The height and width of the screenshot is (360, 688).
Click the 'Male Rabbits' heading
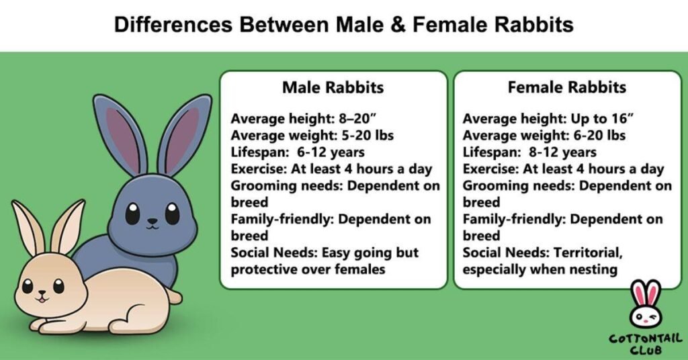pyautogui.click(x=333, y=88)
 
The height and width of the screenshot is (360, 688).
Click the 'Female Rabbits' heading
pyautogui.click(x=566, y=88)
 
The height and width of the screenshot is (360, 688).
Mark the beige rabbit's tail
pyautogui.click(x=174, y=296)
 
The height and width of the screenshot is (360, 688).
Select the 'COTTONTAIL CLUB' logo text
pyautogui.click(x=644, y=343)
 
